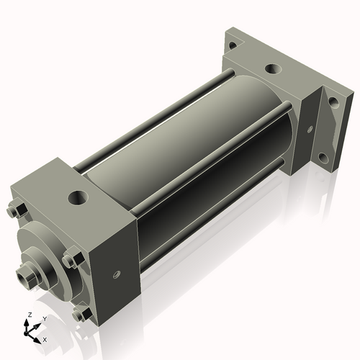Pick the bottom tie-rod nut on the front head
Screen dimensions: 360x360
coord(81,314)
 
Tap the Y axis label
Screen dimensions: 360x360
coord(44,318)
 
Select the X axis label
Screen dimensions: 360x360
coord(45,338)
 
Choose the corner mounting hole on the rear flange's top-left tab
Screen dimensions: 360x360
coord(232,45)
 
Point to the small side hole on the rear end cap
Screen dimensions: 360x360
coord(310,130)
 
